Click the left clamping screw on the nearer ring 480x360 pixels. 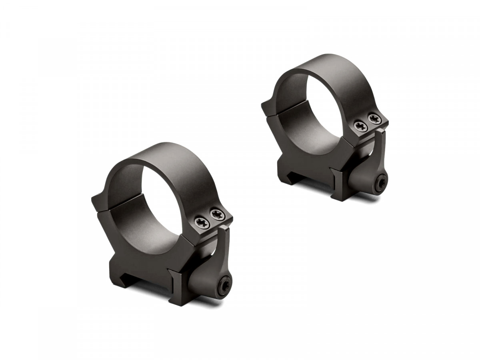click(202, 222)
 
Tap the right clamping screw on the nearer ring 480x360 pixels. click(217, 215)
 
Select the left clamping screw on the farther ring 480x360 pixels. click(361, 126)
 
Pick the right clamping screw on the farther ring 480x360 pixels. click(375, 119)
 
